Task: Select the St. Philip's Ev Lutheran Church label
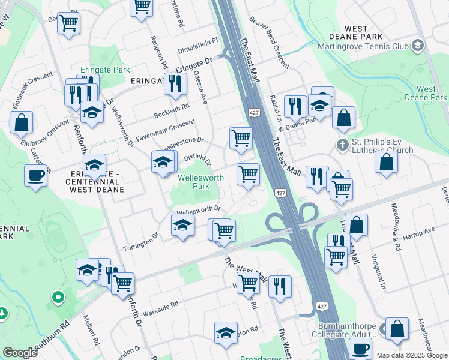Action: point(382,146)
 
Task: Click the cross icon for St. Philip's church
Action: point(342,144)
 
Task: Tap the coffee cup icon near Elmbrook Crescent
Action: point(36,176)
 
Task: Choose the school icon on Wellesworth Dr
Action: point(183,226)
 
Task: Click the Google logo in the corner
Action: point(20,353)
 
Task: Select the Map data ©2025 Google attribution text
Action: point(412,355)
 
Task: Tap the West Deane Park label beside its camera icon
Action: point(426,93)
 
